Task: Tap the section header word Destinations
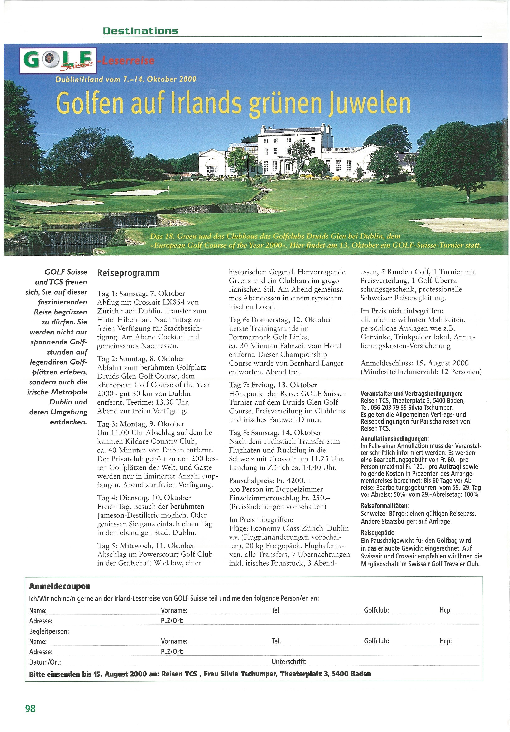[140, 31]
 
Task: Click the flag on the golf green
[168, 192]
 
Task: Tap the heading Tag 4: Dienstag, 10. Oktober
[144, 498]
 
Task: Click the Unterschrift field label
[289, 662]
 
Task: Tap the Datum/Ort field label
[45, 662]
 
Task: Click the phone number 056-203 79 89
[389, 408]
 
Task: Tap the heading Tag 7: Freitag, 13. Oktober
[273, 385]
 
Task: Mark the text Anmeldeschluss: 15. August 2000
[414, 363]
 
